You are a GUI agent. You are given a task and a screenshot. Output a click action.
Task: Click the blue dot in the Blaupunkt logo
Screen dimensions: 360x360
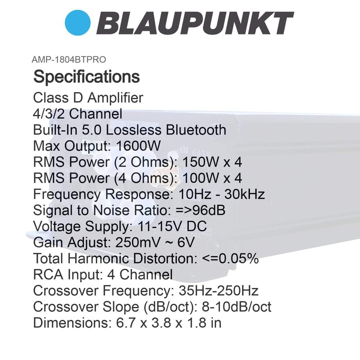coord(78,23)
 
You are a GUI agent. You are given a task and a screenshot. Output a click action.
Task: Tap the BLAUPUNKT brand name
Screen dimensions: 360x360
coord(195,23)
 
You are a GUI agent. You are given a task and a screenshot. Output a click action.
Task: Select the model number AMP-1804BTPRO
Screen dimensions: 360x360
coord(69,59)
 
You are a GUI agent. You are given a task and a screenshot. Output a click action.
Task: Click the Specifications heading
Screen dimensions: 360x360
coord(86,76)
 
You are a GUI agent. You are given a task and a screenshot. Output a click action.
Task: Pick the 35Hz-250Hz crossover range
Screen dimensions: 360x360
coord(218,292)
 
